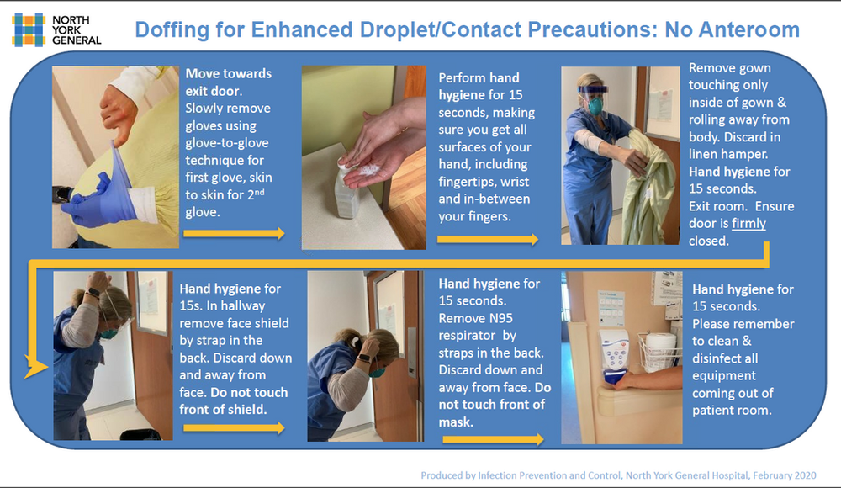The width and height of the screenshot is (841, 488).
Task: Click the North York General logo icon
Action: [28, 29]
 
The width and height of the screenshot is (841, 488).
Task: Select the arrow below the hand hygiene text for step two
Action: [488, 240]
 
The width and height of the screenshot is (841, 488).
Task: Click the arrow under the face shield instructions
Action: [234, 427]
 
